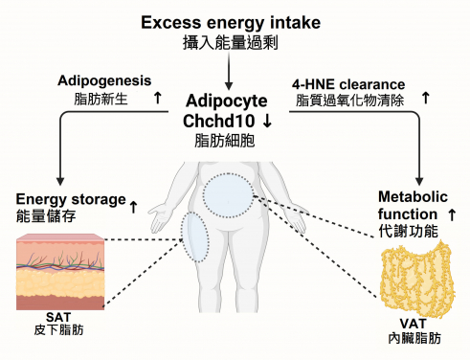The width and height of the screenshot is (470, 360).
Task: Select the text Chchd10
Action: click(219, 121)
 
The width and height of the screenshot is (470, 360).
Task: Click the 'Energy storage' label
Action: click(71, 199)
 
